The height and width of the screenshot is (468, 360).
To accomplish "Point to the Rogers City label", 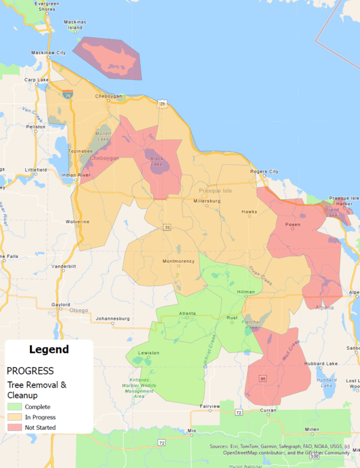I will pyautogui.click(x=264, y=172).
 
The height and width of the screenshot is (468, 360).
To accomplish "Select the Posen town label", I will pyautogui.click(x=293, y=225).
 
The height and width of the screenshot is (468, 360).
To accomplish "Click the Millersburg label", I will pyautogui.click(x=207, y=201).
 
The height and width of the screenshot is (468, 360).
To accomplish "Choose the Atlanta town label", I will pyautogui.click(x=187, y=314).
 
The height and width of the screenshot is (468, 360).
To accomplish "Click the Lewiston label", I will pyautogui.click(x=149, y=353).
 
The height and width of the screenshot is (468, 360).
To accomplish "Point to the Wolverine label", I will pyautogui.click(x=77, y=222).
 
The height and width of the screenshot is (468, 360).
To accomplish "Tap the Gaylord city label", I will pyautogui.click(x=61, y=305).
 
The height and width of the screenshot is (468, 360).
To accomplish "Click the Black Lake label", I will pyautogui.click(x=156, y=161).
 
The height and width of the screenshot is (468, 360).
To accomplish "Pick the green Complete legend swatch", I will pyautogui.click(x=14, y=406).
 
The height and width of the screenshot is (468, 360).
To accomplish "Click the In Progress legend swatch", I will pyautogui.click(x=14, y=417).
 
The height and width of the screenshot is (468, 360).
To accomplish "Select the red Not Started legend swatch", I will pyautogui.click(x=14, y=427).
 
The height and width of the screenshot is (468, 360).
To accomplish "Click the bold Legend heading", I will pyautogui.click(x=49, y=349).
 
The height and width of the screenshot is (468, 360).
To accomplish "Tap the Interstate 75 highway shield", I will pyautogui.click(x=68, y=94).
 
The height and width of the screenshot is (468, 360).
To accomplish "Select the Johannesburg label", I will pyautogui.click(x=113, y=317).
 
